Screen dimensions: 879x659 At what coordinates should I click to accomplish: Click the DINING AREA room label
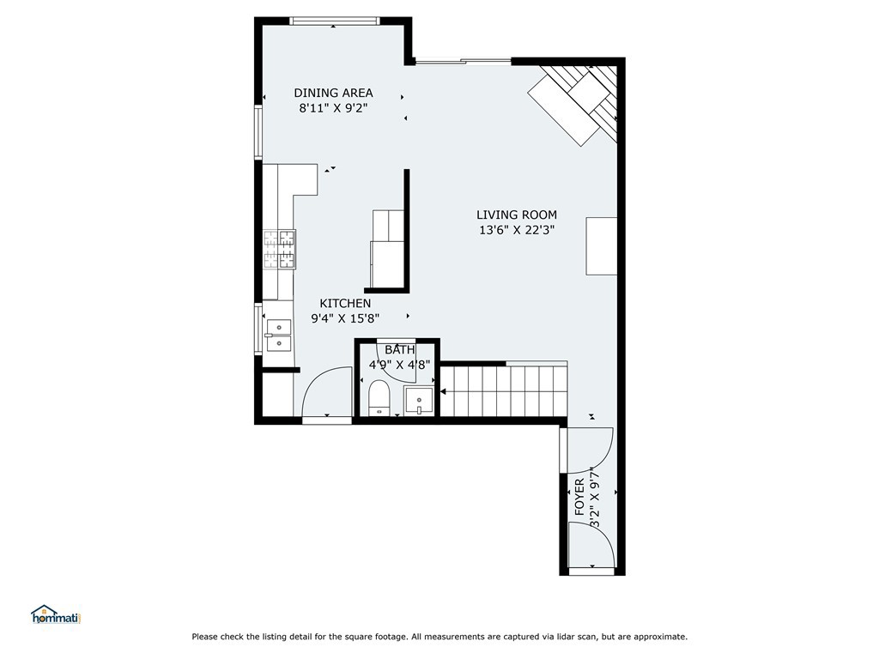point(334,93)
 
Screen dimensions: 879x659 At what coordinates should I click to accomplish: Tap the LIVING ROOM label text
point(517,215)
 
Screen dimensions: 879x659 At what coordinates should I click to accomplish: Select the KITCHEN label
point(345,303)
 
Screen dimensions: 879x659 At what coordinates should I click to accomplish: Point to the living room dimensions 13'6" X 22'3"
point(517,230)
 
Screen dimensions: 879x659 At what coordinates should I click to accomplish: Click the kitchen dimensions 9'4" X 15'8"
point(345,318)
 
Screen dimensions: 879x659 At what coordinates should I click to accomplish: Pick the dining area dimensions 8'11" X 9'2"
point(334,108)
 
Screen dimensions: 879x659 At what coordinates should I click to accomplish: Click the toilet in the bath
point(379,397)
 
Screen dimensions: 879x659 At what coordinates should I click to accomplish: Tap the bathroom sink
point(419,402)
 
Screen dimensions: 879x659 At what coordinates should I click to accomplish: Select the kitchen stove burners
point(280,250)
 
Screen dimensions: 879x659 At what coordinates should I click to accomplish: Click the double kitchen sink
point(279,336)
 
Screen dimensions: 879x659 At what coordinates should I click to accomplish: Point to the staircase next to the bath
point(504,390)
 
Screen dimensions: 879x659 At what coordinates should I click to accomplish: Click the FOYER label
point(579,497)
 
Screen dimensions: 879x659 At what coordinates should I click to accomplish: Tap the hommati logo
point(56,614)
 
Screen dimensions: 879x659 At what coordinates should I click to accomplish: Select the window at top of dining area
point(335,21)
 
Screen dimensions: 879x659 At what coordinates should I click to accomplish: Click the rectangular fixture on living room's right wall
point(602,246)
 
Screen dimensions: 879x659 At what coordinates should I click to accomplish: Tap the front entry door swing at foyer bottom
point(591,545)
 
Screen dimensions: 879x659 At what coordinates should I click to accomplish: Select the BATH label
point(400,350)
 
